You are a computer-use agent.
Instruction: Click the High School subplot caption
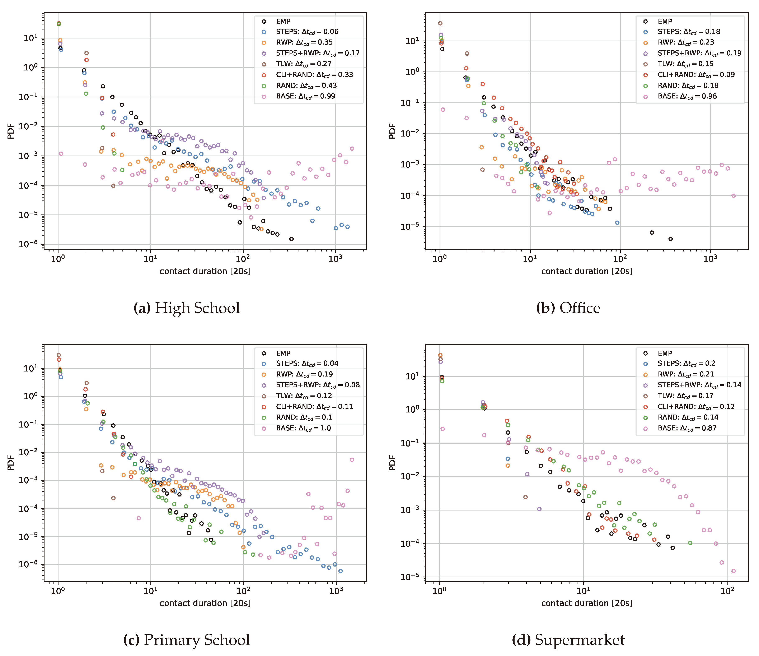click(x=187, y=308)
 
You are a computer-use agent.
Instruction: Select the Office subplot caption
click(x=568, y=308)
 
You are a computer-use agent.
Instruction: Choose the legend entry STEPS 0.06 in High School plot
click(x=307, y=32)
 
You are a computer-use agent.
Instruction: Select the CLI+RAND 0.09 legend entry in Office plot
click(x=696, y=75)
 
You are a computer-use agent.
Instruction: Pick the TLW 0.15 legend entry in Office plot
click(x=685, y=64)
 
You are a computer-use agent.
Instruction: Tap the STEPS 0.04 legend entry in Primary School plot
click(x=307, y=363)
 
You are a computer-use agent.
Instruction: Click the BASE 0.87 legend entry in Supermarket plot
click(x=687, y=428)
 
